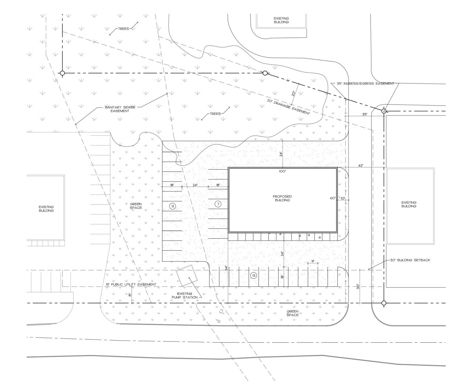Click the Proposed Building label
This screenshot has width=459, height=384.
tap(282, 198)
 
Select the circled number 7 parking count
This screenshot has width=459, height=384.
tap(218, 204)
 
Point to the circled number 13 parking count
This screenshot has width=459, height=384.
tap(254, 275)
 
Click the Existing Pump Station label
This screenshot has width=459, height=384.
tap(187, 295)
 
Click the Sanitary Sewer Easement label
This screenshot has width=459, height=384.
tap(120, 109)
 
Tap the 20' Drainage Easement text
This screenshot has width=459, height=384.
tap(288, 107)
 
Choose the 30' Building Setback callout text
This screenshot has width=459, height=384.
tap(410, 260)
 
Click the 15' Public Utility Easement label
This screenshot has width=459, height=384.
tap(131, 284)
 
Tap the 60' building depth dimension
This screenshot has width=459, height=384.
tap(332, 198)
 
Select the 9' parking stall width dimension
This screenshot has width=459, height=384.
tap(313, 261)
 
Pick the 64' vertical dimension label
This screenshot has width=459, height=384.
tap(226, 268)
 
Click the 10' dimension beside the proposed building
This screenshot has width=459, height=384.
tap(343, 198)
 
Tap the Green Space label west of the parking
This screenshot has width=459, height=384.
tap(136, 206)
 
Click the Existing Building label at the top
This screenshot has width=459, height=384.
tap(281, 20)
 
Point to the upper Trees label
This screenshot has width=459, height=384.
tap(123, 29)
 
